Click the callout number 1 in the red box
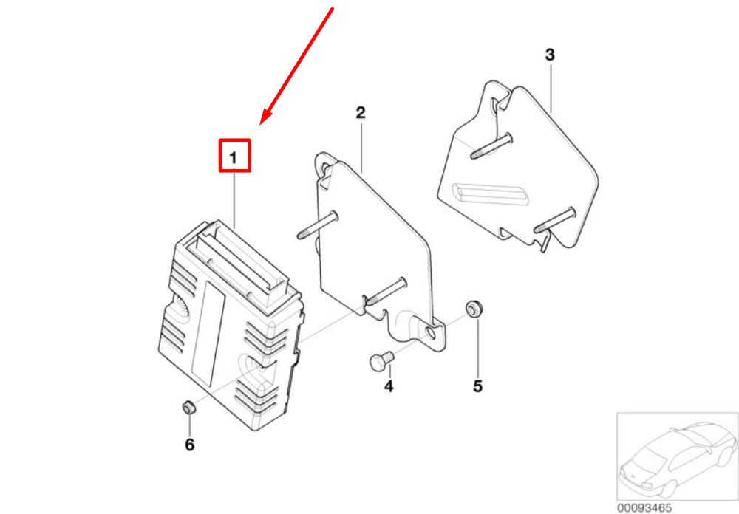(234, 158)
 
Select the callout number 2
(361, 112)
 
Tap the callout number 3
(550, 55)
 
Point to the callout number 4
(389, 386)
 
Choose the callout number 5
(478, 386)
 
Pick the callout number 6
(189, 445)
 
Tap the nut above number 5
(475, 309)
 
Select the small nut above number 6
(189, 407)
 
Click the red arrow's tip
(260, 125)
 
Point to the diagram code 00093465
(644, 508)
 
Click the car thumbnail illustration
(677, 457)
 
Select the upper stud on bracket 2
(318, 225)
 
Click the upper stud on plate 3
(491, 146)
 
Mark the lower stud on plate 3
(555, 219)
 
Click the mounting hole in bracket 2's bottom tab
(430, 333)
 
